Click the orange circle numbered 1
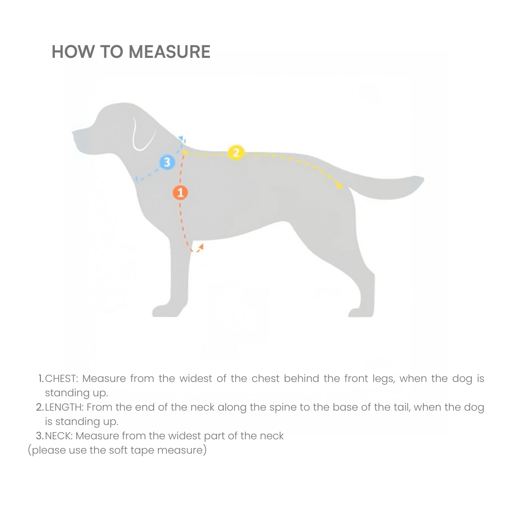tap(180, 193)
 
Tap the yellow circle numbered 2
tap(236, 153)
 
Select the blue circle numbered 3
tap(167, 162)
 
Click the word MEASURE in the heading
tap(169, 52)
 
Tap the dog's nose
tap(75, 135)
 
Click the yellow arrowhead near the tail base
tap(339, 185)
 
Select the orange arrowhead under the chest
tap(200, 247)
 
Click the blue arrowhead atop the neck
tap(183, 139)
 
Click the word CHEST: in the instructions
tap(61, 379)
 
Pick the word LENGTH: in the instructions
tap(65, 408)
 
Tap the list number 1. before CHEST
tap(41, 379)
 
